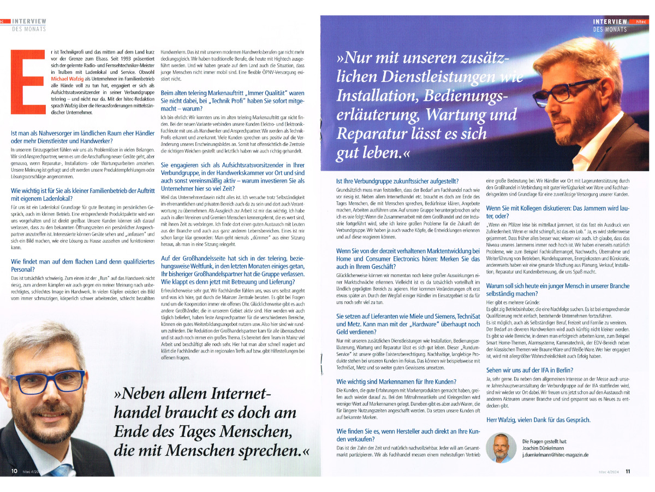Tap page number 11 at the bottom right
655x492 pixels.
point(628,471)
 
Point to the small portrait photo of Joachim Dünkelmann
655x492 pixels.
point(501,447)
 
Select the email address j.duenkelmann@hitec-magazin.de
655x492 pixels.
point(555,454)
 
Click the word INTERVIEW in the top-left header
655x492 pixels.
point(29,21)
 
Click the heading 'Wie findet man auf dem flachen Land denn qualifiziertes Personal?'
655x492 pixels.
point(82,265)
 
